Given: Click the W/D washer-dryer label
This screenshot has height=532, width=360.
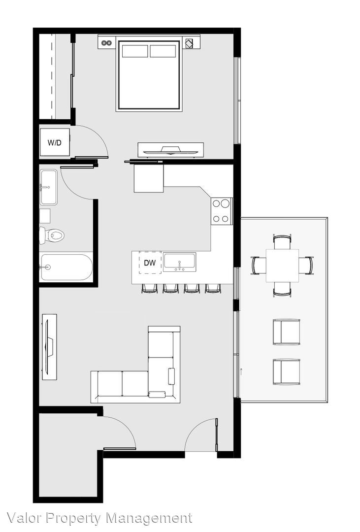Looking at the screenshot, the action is tap(54, 142).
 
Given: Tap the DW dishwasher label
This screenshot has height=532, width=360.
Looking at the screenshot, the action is tap(150, 263).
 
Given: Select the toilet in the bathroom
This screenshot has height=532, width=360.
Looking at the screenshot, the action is tap(51, 235).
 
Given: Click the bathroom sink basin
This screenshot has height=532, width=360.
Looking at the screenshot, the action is tap(49, 187).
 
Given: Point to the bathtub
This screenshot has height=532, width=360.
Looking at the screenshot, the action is tap(66, 267).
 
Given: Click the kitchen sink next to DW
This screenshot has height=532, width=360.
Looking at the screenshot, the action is tap(179, 262).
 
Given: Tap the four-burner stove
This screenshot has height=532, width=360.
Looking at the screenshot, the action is tap(222, 211).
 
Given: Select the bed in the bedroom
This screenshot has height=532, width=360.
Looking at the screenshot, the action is tap(149, 75).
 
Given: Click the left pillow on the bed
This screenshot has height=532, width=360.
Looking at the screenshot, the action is tap(135, 51).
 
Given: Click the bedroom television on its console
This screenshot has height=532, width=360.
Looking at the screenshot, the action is tap(170, 150).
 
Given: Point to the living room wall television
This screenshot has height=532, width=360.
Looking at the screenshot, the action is tap(49, 347).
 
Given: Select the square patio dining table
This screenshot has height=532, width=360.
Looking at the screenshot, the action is tap(282, 266).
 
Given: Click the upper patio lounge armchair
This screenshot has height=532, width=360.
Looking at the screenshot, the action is tap(286, 332).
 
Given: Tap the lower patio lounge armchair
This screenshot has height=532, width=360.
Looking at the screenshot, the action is tap(286, 371).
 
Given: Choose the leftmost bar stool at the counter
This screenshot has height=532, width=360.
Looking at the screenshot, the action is tap(150, 288).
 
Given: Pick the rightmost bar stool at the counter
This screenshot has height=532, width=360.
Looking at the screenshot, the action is tap(213, 288).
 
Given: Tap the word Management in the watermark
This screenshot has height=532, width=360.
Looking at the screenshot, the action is tap(149, 519).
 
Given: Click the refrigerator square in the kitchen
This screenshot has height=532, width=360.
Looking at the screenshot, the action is tap(149, 178).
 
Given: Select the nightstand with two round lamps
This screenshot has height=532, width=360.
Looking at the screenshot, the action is tap(107, 42).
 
